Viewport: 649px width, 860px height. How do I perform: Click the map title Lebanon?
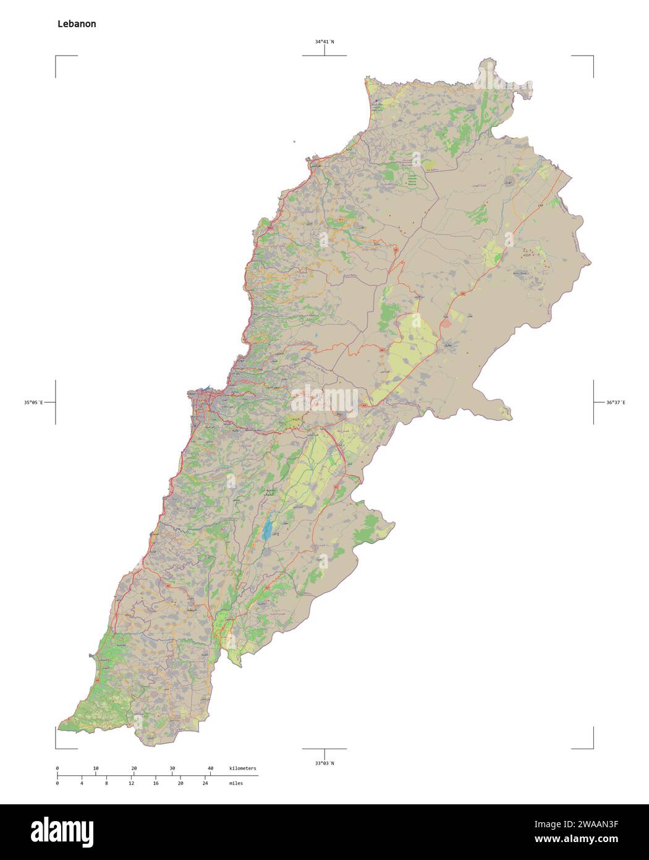(x=77, y=24)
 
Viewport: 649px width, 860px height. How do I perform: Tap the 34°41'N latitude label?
(x=324, y=42)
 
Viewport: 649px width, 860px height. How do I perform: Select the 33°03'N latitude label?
(x=324, y=763)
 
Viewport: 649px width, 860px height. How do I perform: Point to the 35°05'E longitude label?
(x=33, y=403)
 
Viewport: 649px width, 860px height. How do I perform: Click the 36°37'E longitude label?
(x=615, y=403)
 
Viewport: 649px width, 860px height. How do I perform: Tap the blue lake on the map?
(x=266, y=530)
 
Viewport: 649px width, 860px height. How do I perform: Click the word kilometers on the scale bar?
(x=242, y=768)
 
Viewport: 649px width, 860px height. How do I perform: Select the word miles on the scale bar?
(x=235, y=783)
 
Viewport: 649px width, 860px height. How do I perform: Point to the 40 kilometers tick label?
(x=210, y=768)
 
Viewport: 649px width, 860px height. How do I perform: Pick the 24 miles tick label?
(x=205, y=783)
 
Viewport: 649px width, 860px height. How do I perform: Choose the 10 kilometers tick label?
(x=95, y=768)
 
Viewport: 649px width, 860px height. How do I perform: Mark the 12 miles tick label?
(x=131, y=783)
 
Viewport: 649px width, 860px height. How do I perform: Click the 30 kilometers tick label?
(x=172, y=768)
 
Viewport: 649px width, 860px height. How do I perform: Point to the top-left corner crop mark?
(x=57, y=57)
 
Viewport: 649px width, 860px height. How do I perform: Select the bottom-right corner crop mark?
(x=592, y=747)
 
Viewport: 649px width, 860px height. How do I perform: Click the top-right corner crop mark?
(x=592, y=57)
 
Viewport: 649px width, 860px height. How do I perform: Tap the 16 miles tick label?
(x=156, y=783)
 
